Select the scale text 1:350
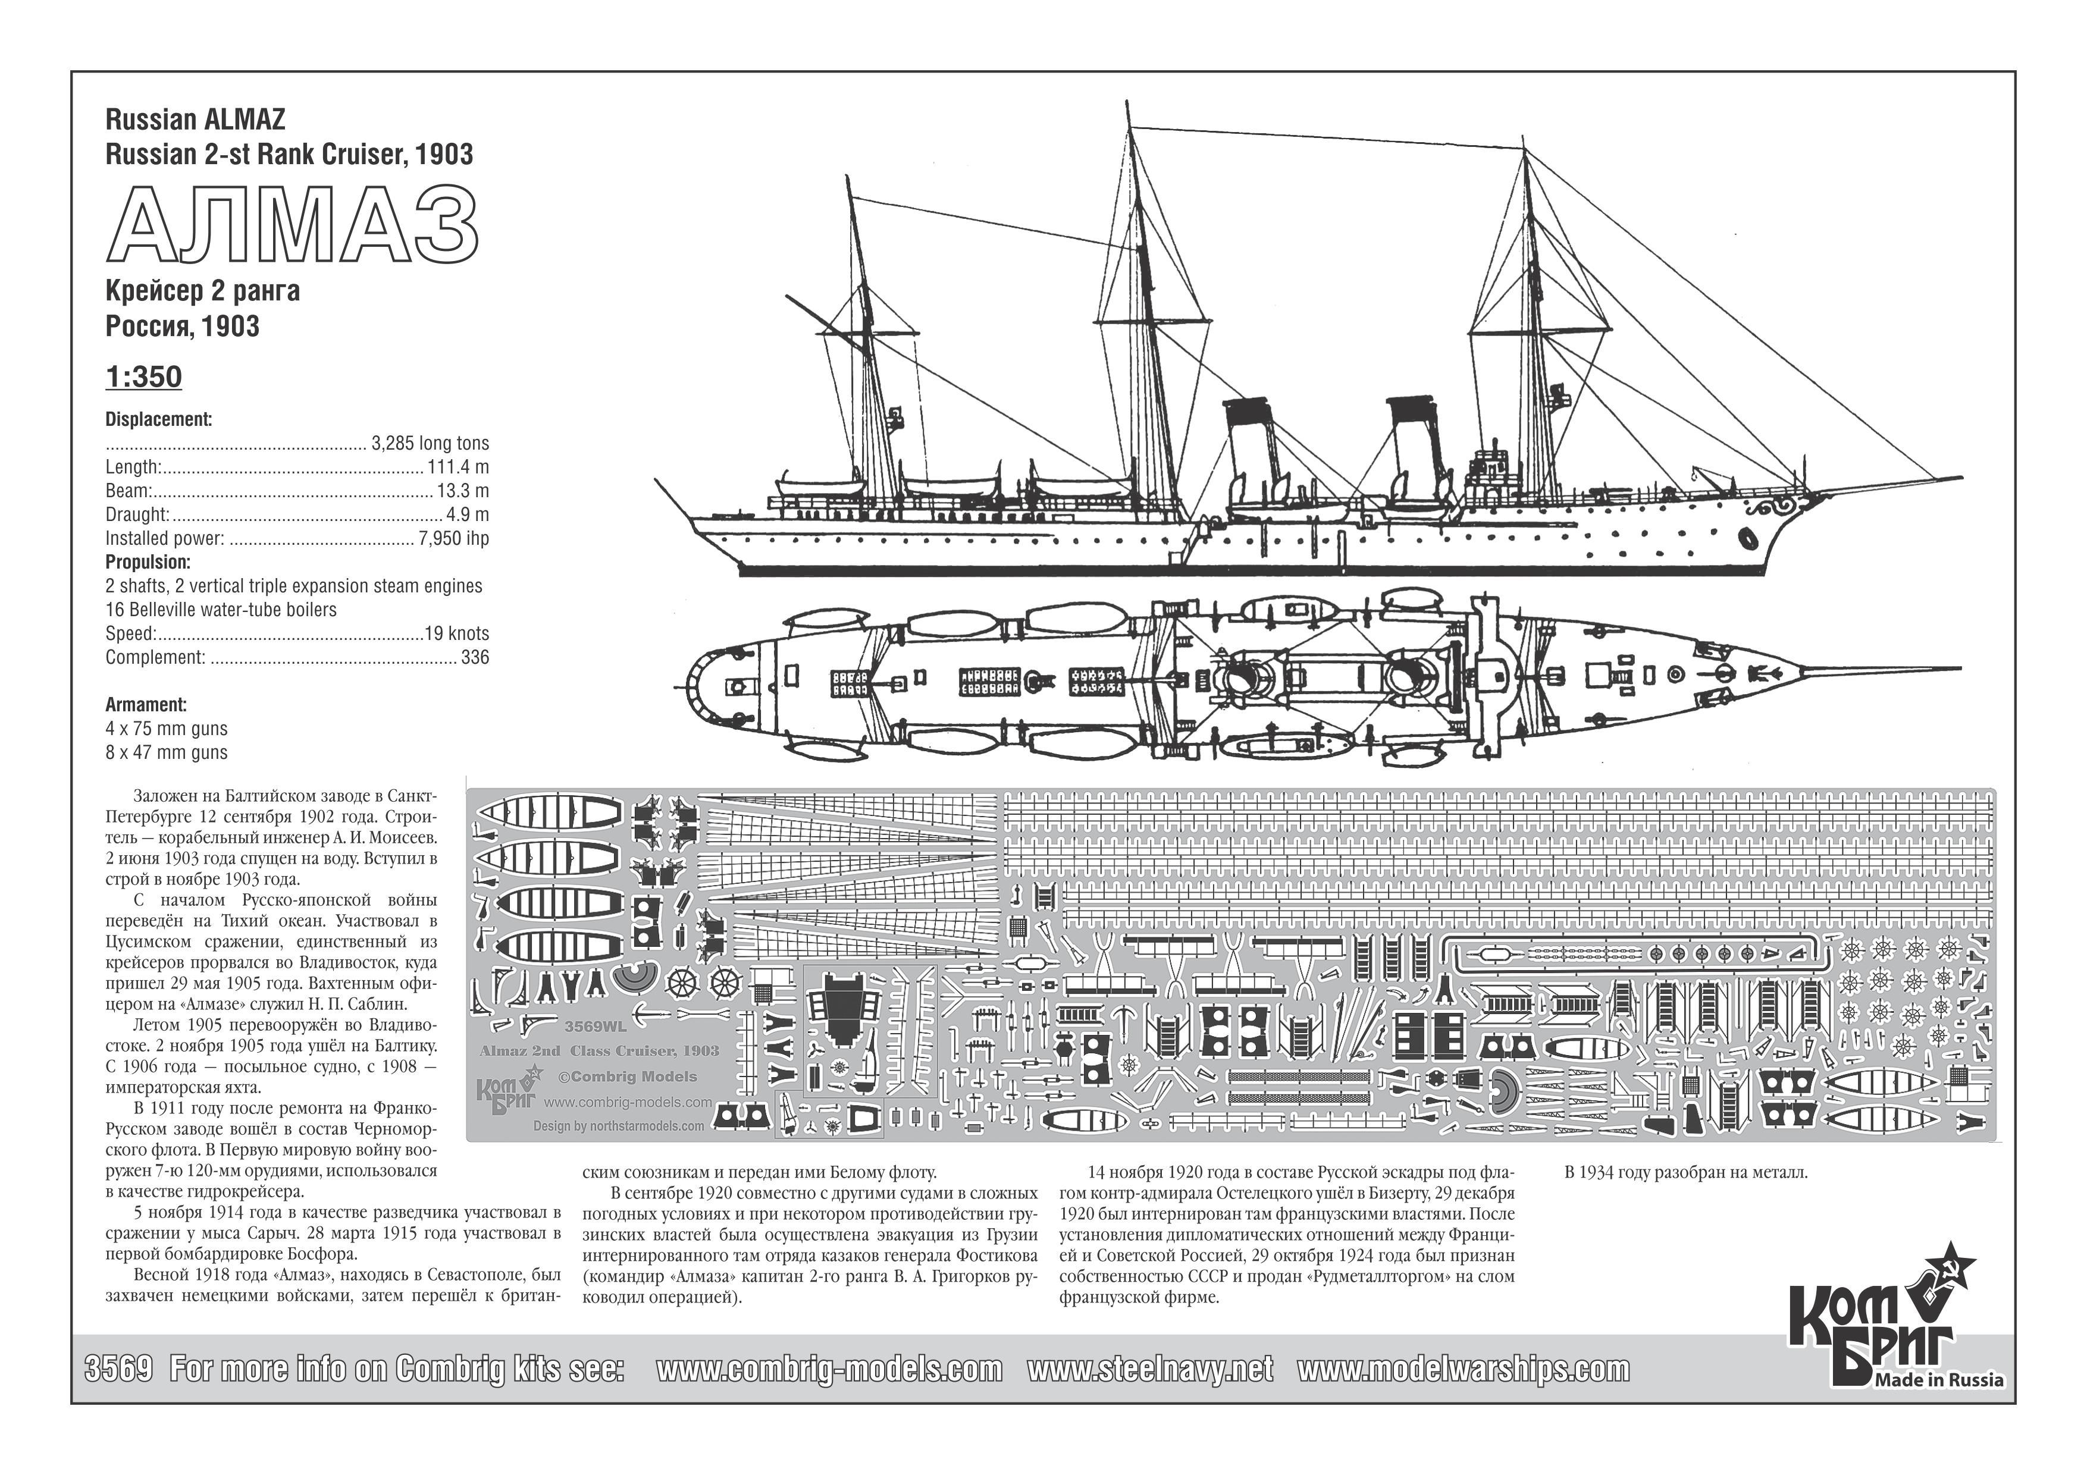coord(143,376)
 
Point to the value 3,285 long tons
coord(430,444)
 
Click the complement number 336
coord(475,657)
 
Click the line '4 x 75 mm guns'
coord(167,728)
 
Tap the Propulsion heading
coord(148,561)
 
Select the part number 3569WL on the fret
coord(596,1027)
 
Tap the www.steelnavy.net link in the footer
coord(1150,1369)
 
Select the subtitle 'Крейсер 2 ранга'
coord(203,291)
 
